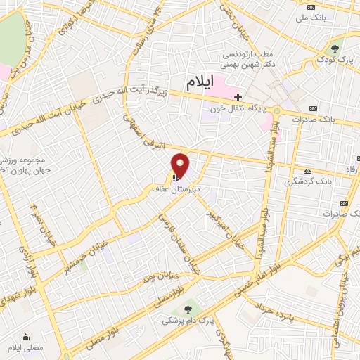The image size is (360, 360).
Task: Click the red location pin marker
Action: [181, 167]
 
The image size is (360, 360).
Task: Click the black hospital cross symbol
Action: [238, 97]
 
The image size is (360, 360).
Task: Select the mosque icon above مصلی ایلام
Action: [26, 336]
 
